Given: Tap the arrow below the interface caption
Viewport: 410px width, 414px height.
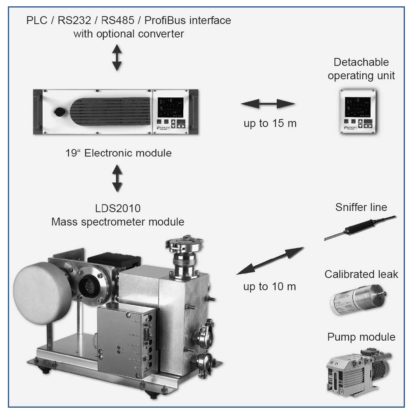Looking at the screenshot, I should [x=117, y=57].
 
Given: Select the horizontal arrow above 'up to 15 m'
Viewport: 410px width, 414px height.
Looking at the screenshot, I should [x=268, y=104].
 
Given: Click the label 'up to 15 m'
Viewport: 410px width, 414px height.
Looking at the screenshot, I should [x=270, y=123].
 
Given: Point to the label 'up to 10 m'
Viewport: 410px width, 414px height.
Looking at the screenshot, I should [x=270, y=287].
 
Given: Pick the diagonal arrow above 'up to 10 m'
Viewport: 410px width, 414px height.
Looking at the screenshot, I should [x=270, y=261].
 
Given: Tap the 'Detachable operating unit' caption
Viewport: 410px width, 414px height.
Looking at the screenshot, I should [x=361, y=69].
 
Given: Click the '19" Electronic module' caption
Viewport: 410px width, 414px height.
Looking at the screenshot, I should [x=119, y=153].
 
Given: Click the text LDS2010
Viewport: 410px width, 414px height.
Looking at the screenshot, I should [x=117, y=209].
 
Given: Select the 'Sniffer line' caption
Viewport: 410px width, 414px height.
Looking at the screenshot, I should [x=361, y=207].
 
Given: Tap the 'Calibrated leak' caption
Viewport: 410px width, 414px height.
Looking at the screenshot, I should [x=361, y=274].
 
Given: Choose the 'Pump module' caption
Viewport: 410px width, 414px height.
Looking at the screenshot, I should [x=361, y=337].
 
